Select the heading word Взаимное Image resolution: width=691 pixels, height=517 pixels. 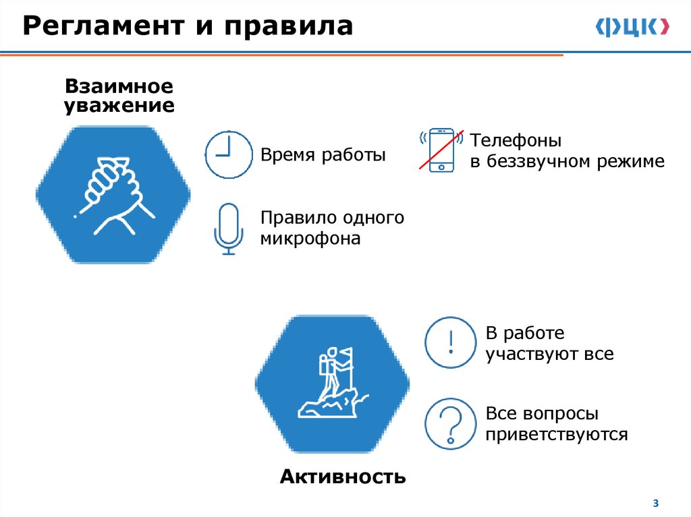(119, 87)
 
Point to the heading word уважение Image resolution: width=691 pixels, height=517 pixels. (119, 106)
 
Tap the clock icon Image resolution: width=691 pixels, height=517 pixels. (228, 154)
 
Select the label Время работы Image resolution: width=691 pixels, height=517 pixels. (323, 155)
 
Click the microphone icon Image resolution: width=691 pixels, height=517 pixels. (229, 229)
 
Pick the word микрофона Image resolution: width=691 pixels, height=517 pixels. (311, 238)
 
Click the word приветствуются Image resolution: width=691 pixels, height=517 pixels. (556, 433)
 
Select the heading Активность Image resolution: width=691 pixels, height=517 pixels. (342, 477)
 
